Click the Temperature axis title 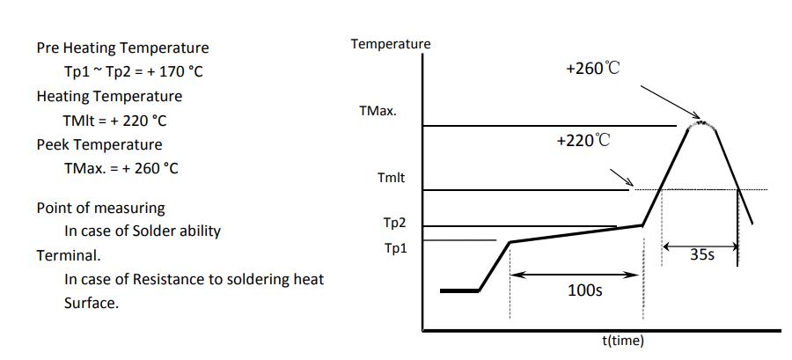(391, 44)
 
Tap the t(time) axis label (622, 341)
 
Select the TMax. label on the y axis (378, 112)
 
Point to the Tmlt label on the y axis (391, 178)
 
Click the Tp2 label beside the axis (394, 224)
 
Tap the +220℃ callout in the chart (583, 140)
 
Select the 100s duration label (584, 290)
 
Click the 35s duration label (701, 256)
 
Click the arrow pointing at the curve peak (669, 102)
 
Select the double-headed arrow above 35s (700, 246)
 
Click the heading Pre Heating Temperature (122, 48)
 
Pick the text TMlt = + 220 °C (115, 120)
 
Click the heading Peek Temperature (99, 144)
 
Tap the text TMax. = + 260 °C (121, 168)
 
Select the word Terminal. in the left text (69, 255)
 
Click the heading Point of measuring (100, 208)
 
